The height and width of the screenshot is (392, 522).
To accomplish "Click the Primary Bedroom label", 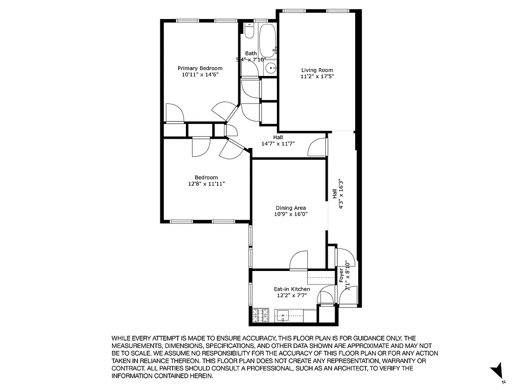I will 200,68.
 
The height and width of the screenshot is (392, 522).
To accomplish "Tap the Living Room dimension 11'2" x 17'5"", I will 317,76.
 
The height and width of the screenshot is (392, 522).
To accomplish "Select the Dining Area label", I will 291,208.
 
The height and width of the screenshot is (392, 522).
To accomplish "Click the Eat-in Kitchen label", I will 292,289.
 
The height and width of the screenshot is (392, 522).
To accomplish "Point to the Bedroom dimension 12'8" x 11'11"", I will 206,184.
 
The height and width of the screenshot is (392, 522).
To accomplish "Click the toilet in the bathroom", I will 250,32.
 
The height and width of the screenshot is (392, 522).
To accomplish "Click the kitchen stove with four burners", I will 261,315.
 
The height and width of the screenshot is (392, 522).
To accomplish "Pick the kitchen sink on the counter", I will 283,316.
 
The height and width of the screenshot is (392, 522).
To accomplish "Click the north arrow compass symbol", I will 498,370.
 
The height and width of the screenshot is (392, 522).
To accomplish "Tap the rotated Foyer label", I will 341,275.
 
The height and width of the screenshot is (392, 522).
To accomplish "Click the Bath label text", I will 251,53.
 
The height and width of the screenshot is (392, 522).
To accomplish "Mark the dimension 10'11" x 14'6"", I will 200,74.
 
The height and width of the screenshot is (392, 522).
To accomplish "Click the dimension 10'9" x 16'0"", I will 291,214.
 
